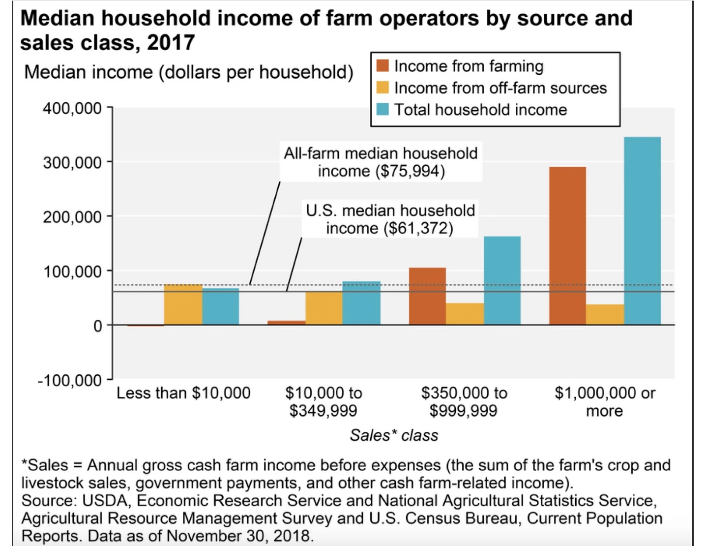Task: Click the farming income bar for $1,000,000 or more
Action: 567,245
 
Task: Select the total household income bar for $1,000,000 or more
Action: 642,231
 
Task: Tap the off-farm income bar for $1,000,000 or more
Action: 605,314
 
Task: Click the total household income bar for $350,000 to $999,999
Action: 502,280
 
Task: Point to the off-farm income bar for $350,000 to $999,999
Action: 465,314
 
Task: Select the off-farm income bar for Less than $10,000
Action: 183,304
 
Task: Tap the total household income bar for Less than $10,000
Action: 220,306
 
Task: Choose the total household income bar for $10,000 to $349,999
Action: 361,303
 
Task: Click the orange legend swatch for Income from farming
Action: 382,66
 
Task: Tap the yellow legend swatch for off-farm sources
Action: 382,88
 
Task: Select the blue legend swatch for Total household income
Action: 382,109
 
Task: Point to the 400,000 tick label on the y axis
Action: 72,108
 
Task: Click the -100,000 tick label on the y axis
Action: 69,380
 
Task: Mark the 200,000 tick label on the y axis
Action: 72,217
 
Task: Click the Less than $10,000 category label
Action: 183,393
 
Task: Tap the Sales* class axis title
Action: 394,435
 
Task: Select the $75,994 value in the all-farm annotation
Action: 410,172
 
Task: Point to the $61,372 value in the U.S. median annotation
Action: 418,229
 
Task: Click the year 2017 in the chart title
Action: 171,43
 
